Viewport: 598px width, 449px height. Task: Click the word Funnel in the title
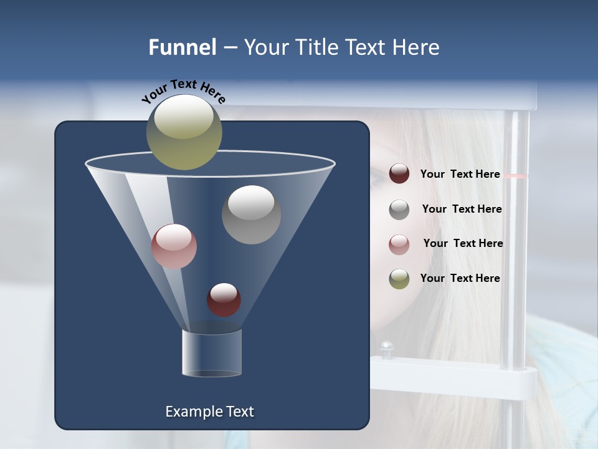183,47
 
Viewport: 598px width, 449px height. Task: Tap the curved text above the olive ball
183,90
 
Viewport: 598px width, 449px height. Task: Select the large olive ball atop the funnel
184,132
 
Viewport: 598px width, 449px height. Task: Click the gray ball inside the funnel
251,215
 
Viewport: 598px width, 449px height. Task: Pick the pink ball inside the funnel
174,246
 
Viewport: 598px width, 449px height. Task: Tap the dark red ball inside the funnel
224,299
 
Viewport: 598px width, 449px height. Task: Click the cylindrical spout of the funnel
211,353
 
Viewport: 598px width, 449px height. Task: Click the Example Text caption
209,412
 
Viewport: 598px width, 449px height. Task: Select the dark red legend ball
399,174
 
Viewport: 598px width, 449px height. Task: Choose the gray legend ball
399,210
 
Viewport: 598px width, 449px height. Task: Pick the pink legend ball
399,244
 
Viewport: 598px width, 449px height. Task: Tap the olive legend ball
399,279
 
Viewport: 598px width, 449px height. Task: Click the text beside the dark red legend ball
460,174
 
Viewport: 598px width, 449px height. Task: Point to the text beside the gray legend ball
462,209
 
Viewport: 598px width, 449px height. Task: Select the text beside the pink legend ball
463,243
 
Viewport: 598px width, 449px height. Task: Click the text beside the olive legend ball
460,278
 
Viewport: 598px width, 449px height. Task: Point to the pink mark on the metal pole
515,176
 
